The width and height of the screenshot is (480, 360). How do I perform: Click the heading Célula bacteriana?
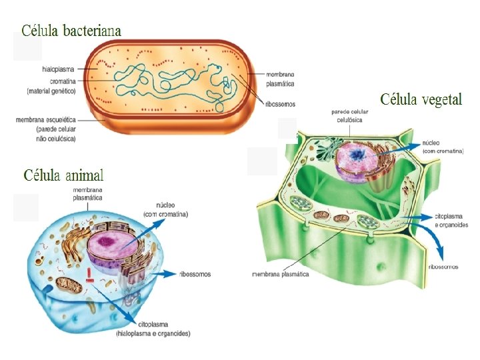[x=72, y=30]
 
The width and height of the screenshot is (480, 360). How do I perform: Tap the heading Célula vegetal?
[x=421, y=100]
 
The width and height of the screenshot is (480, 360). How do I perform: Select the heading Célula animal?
[x=64, y=175]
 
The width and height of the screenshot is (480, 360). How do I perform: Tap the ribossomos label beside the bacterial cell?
[x=280, y=104]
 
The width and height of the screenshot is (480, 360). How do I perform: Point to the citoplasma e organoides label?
[x=451, y=221]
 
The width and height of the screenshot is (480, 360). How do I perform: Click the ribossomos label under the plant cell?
[x=443, y=266]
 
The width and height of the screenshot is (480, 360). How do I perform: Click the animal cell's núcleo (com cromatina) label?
[x=165, y=210]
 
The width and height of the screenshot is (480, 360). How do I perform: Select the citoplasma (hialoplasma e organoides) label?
[x=153, y=329]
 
